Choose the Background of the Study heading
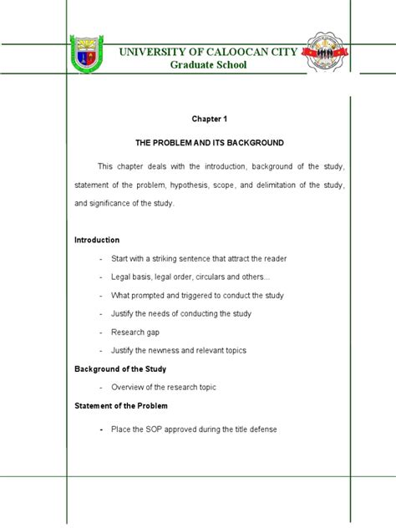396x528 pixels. (120, 368)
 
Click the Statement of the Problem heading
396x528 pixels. (121, 406)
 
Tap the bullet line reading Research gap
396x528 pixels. (135, 332)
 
